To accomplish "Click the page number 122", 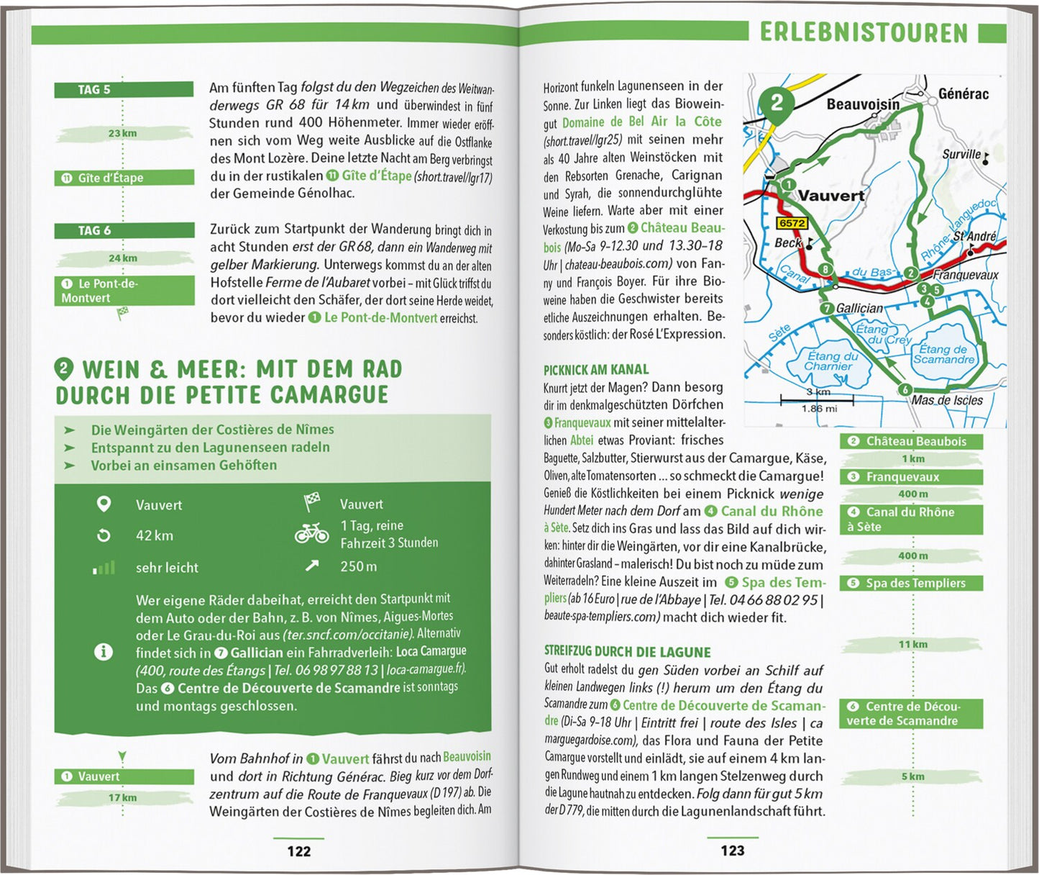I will click(299, 851).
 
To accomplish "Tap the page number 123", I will click(733, 851).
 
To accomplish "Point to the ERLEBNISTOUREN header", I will click(864, 32).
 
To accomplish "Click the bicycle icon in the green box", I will click(311, 533).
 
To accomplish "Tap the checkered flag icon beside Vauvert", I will click(312, 502).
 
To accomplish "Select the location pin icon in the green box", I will click(104, 504).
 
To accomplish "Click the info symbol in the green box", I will click(104, 652).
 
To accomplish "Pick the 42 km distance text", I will click(155, 535).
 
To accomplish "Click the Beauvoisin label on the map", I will click(863, 105).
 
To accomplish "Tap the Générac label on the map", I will click(964, 94).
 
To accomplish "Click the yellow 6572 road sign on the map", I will click(792, 223).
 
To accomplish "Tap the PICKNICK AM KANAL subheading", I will click(595, 370).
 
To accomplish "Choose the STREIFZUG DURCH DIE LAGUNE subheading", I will click(627, 652).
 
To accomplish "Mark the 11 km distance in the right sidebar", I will click(912, 644).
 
